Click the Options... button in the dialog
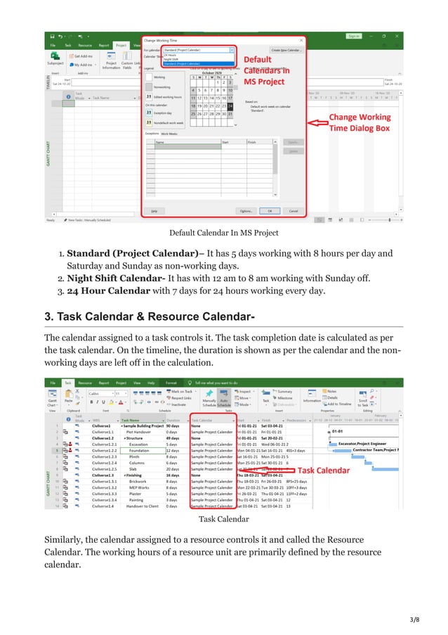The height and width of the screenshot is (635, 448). click(x=246, y=210)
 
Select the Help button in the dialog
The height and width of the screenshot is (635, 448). click(x=152, y=210)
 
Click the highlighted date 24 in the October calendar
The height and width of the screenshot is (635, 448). click(x=230, y=107)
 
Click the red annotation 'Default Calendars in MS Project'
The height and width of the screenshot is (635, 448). click(x=264, y=71)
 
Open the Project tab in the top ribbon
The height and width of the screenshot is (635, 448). click(x=120, y=44)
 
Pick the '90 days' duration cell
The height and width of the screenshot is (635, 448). click(x=176, y=425)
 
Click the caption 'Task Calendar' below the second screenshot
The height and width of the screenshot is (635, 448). click(x=223, y=520)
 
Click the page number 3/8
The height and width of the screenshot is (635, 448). click(x=416, y=619)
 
